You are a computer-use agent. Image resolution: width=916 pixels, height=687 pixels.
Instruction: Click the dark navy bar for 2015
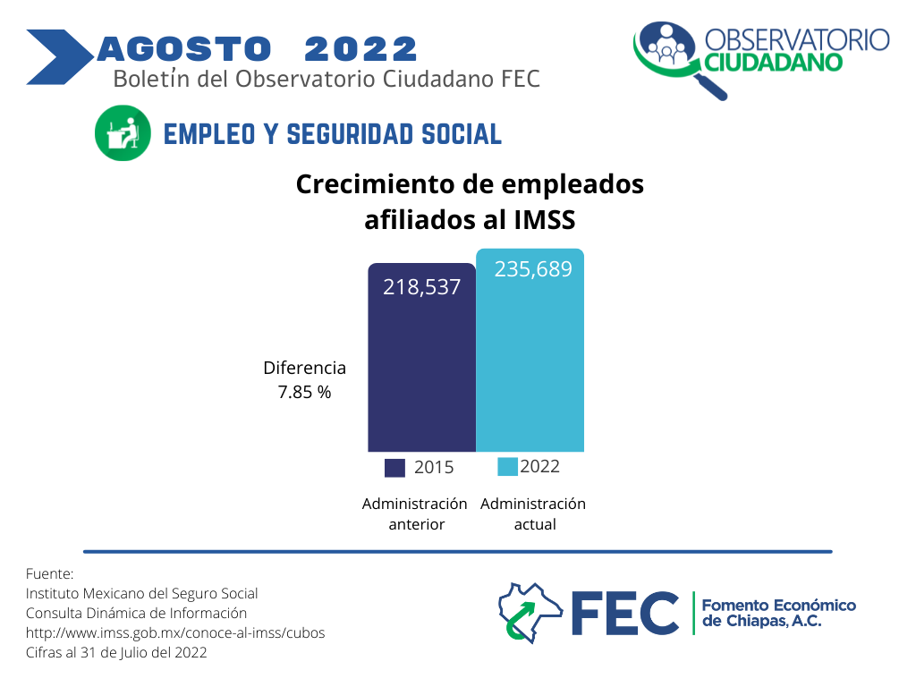click(422, 358)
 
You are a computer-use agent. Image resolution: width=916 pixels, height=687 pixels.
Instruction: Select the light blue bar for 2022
click(530, 351)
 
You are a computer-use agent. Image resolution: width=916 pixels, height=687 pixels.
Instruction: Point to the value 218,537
click(422, 287)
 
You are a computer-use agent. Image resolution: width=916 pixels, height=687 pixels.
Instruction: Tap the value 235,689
click(533, 268)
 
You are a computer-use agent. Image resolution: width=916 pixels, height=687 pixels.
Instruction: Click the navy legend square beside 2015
click(394, 468)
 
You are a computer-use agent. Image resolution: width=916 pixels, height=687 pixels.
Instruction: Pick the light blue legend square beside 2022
click(508, 467)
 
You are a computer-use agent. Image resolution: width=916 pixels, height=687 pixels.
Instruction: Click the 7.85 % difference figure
click(304, 392)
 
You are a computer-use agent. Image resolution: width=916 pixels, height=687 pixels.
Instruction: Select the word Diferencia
click(304, 368)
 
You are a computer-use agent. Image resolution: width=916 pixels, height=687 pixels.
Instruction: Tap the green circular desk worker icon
click(123, 133)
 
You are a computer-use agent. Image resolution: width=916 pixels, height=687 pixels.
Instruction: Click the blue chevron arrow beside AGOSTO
click(58, 57)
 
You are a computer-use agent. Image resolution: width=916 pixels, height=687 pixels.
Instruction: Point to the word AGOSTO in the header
click(184, 48)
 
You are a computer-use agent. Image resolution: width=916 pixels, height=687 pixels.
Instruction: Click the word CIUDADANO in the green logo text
click(773, 63)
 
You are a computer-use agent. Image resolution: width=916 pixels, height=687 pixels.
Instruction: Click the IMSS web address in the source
click(175, 632)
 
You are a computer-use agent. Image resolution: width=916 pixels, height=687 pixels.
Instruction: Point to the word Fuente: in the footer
click(50, 573)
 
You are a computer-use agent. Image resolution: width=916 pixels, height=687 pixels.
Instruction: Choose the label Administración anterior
click(415, 514)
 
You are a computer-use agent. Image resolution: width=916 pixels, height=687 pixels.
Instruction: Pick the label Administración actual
click(533, 514)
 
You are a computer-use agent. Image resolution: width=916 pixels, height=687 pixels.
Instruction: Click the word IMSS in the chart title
click(545, 220)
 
